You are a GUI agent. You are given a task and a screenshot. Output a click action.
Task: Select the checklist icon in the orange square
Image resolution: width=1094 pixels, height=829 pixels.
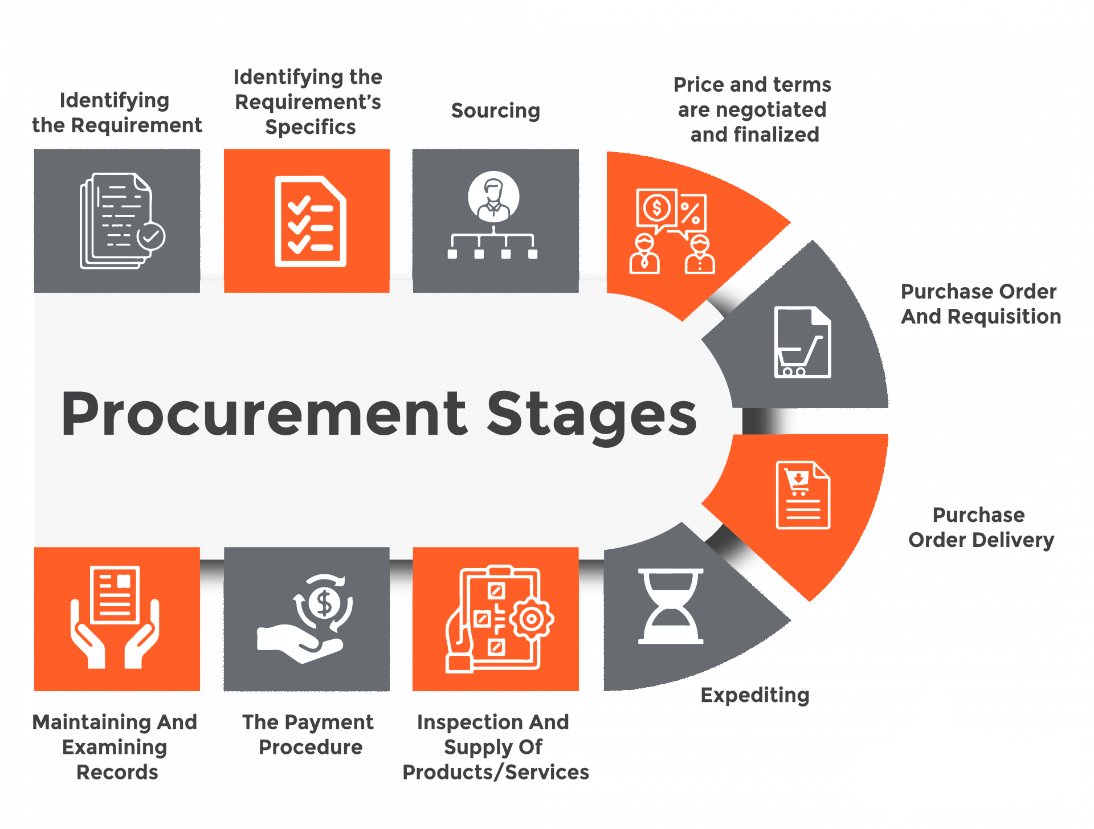[x=310, y=221]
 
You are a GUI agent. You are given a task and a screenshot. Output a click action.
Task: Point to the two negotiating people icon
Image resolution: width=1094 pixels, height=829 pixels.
[x=672, y=231]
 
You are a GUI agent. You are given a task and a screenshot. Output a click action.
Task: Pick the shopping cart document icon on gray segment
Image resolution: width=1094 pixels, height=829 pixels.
[x=802, y=342]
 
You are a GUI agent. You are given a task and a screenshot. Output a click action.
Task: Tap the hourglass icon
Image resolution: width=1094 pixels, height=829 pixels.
[x=671, y=606]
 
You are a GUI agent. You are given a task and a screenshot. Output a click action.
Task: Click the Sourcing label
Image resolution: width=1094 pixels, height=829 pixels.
[x=496, y=110]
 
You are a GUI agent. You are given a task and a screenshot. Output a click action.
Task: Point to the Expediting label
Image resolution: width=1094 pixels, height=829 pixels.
[x=755, y=695]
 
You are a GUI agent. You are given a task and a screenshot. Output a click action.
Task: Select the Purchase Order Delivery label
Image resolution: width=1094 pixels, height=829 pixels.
[x=980, y=528]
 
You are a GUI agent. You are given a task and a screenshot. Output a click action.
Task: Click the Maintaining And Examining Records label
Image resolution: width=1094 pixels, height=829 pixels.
[x=115, y=747]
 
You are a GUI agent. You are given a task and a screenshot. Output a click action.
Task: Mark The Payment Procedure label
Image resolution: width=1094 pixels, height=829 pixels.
[x=309, y=734]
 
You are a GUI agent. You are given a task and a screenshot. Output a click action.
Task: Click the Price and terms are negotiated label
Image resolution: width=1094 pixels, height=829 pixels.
[x=752, y=109]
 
